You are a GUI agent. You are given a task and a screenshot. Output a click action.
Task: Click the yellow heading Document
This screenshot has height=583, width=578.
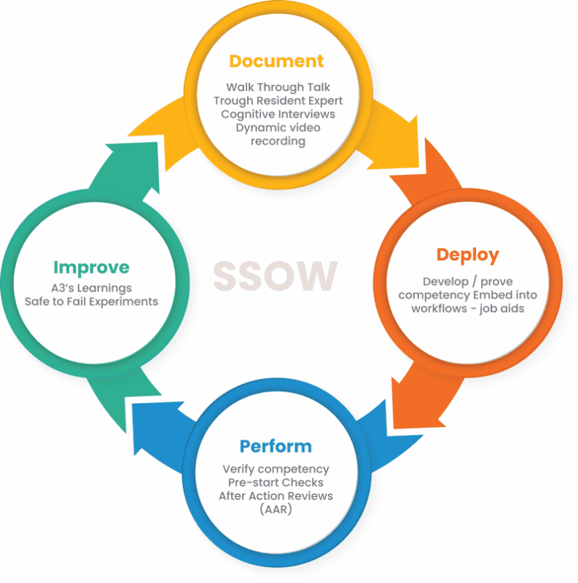[276, 60]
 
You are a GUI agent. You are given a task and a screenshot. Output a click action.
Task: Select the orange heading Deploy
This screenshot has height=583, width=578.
[467, 255]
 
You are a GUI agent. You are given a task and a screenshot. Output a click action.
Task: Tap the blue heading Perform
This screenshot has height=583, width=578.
[276, 446]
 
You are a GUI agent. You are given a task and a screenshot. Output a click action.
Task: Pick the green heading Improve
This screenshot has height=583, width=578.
[91, 267]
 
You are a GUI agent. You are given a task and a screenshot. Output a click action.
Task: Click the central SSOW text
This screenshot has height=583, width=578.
[276, 275]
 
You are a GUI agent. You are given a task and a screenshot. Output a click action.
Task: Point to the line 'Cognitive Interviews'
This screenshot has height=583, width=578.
[278, 114]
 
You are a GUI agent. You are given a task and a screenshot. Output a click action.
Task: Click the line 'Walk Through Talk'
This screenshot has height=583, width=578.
[278, 87]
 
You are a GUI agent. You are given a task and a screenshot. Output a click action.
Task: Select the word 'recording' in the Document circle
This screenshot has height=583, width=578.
[278, 141]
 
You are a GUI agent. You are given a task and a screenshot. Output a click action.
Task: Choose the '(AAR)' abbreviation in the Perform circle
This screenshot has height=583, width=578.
[276, 509]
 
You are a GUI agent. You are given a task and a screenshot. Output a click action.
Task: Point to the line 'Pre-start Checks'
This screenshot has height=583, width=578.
[276, 482]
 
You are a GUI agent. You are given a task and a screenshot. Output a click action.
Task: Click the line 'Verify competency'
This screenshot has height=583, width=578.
[276, 469]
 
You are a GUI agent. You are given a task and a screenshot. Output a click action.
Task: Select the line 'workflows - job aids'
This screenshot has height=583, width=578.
[466, 308]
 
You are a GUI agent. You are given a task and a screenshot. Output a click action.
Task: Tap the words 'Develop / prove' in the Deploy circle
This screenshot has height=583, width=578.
[466, 281]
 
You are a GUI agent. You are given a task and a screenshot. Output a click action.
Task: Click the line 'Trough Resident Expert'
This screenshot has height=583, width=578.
[278, 101]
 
